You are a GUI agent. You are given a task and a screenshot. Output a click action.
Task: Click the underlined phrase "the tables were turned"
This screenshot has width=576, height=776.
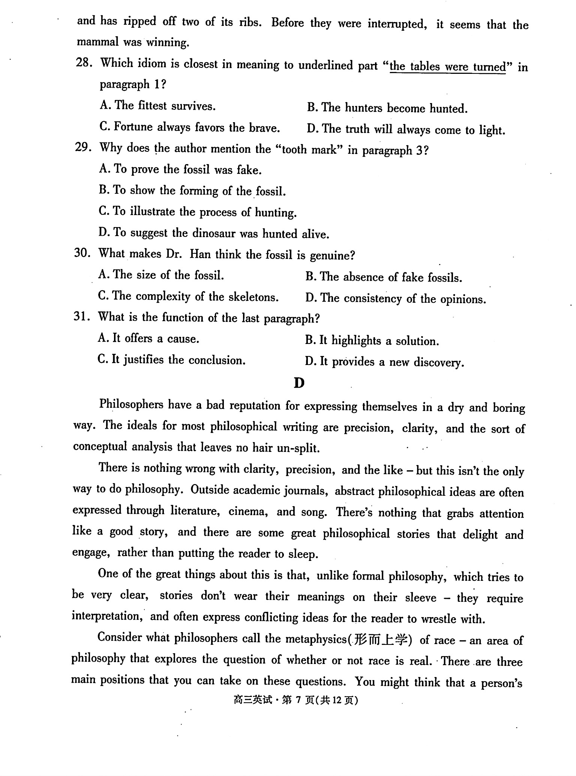click(x=448, y=67)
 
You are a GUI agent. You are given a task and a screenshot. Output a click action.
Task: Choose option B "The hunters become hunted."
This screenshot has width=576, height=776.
click(x=387, y=108)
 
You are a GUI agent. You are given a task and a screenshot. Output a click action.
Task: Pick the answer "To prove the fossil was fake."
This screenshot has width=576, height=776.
click(x=180, y=169)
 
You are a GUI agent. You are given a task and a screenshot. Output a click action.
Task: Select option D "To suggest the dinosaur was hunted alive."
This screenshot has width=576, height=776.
click(x=214, y=233)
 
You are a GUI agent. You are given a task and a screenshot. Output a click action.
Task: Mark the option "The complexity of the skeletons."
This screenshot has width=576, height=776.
click(x=188, y=297)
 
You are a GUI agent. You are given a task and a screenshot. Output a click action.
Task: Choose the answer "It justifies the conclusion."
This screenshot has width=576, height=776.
click(x=171, y=360)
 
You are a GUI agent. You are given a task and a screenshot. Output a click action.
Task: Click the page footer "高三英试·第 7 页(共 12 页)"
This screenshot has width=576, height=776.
click(x=295, y=700)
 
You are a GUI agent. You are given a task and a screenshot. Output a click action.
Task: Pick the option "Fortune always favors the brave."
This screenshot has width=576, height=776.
click(x=190, y=127)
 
